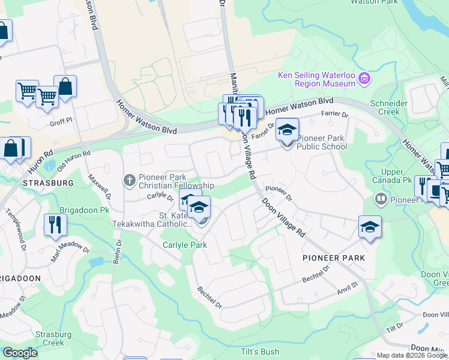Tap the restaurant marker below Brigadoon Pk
click(x=55, y=226)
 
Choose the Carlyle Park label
click(x=185, y=245)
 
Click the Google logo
click(x=20, y=353)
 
